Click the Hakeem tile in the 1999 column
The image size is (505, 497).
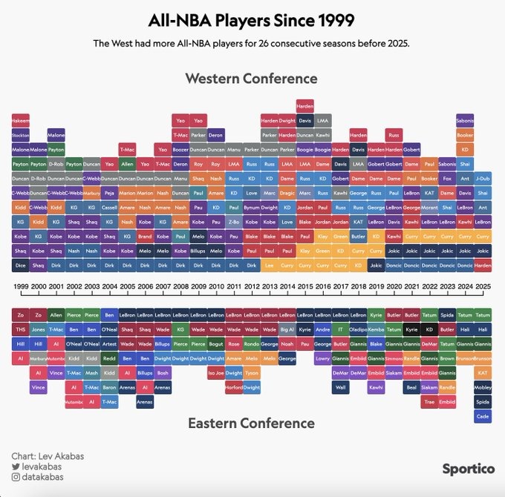click(21, 119)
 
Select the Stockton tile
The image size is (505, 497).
click(21, 135)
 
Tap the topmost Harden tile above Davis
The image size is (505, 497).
click(304, 105)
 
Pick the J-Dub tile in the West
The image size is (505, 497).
click(483, 178)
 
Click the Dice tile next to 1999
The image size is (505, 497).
click(21, 265)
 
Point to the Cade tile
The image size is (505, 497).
click(483, 416)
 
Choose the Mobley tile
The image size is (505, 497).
click(483, 387)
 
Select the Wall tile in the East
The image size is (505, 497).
click(340, 387)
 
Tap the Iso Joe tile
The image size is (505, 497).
click(216, 372)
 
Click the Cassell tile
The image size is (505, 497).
click(109, 207)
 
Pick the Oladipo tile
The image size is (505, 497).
click(358, 329)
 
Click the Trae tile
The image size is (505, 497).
click(429, 401)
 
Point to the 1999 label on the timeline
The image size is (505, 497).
click(21, 286)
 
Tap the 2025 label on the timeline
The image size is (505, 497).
click(483, 286)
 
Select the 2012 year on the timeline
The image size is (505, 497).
click(252, 286)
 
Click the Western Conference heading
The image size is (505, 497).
click(251, 79)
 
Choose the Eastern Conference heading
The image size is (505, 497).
click(251, 423)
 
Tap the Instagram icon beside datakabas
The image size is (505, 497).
click(16, 479)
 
